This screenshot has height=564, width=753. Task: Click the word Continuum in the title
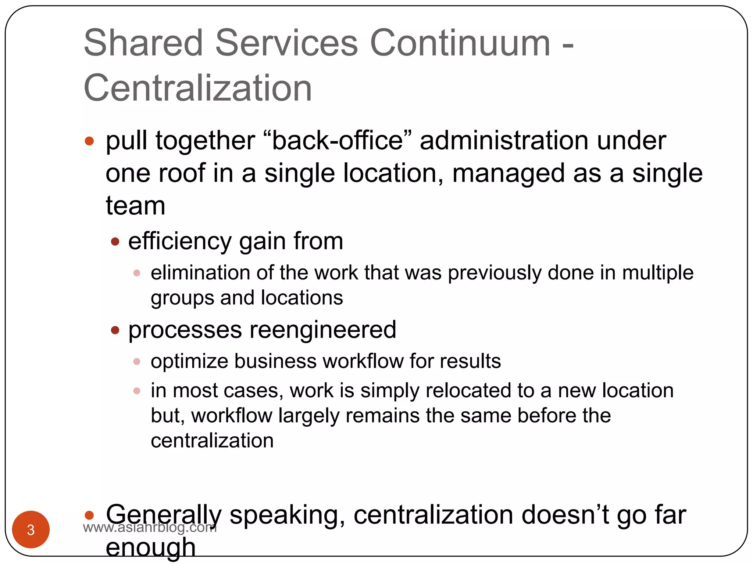(x=460, y=43)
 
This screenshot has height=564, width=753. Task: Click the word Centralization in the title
(x=198, y=88)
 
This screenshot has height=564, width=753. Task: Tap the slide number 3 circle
(x=31, y=529)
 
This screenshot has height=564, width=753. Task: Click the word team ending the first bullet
(x=135, y=206)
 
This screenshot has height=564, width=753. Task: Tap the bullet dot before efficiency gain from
(x=115, y=241)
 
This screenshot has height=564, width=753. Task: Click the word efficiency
(x=179, y=241)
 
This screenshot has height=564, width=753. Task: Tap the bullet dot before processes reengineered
(x=115, y=330)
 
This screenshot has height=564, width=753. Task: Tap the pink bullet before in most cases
(x=137, y=391)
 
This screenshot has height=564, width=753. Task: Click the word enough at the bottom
(x=150, y=548)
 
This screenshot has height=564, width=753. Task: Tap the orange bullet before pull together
(x=89, y=141)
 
